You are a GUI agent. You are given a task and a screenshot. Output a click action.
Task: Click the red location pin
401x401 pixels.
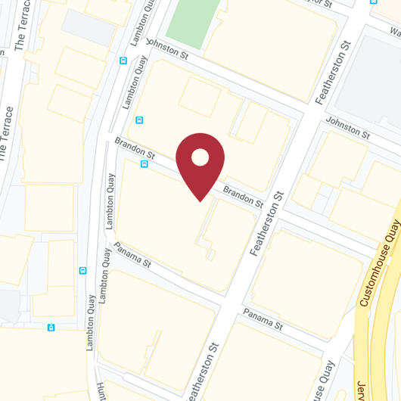click(200, 163)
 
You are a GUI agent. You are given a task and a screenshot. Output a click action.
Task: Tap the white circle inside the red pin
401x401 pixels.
click(200, 157)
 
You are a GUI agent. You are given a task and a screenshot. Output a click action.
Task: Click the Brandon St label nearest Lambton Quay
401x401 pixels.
click(134, 148)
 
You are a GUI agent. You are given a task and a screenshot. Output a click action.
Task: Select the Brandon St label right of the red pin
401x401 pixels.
click(243, 197)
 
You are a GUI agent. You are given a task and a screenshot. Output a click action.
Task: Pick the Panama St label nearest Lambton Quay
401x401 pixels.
click(132, 256)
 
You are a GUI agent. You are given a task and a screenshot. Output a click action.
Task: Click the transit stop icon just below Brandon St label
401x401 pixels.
click(144, 163)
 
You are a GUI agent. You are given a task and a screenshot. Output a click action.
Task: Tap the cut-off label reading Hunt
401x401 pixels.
click(100, 389)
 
